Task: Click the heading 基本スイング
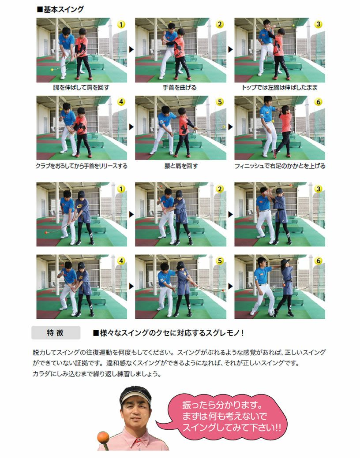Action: [x=60, y=9]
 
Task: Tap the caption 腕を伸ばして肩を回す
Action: [x=81, y=88]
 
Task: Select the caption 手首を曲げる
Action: [x=180, y=88]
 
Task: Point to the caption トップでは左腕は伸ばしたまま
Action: [x=280, y=88]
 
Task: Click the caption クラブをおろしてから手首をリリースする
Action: [x=82, y=166]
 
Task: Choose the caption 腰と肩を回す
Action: [x=181, y=166]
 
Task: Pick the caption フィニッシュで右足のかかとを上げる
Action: [x=280, y=166]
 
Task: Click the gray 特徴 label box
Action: [x=56, y=333]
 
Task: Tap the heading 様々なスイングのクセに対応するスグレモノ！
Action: [x=169, y=333]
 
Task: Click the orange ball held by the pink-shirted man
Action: [x=103, y=437]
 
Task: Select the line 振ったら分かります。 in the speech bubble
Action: [x=222, y=405]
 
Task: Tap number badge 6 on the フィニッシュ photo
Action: [x=318, y=102]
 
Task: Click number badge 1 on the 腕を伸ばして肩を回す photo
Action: [x=121, y=25]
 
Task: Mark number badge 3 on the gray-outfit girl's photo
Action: [x=318, y=189]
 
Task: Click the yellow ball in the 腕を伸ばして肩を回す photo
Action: [x=52, y=70]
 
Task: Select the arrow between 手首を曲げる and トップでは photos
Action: [x=230, y=50]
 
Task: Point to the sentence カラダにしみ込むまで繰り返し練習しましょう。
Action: [x=97, y=374]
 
